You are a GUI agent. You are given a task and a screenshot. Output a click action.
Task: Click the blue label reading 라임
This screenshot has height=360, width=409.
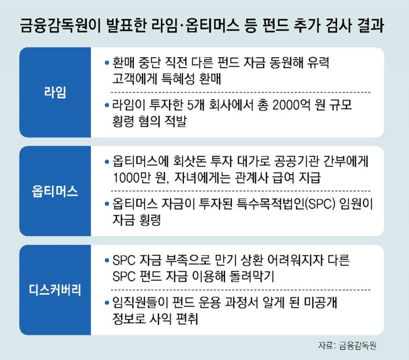(55, 92)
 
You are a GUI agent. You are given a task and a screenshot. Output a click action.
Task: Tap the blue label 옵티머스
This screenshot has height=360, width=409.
(55, 191)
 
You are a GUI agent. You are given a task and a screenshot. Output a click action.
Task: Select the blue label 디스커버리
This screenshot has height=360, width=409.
(55, 290)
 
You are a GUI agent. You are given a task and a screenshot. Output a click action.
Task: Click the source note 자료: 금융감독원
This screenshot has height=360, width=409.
(347, 345)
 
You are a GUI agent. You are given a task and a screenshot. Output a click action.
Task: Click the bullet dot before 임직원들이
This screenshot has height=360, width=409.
(106, 303)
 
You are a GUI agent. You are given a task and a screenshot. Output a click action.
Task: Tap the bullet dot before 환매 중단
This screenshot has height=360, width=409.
(106, 62)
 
